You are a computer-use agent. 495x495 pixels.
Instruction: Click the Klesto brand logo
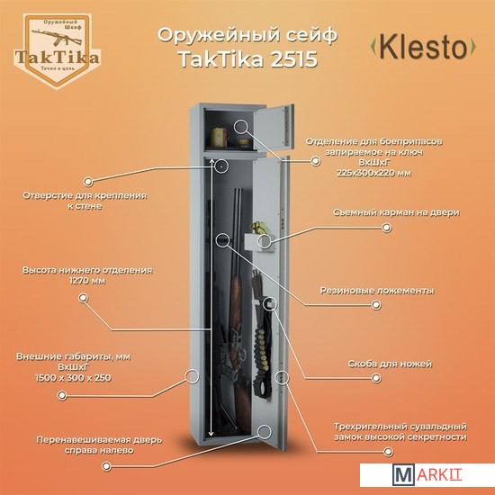(423, 47)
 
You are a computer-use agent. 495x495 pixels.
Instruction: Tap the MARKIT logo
(427, 475)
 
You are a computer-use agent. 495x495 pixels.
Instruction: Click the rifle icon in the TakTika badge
(56, 36)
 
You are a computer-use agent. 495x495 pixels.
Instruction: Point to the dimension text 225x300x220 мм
(373, 173)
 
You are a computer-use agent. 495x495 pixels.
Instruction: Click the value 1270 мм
(87, 281)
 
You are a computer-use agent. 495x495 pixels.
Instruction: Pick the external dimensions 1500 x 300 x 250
(73, 378)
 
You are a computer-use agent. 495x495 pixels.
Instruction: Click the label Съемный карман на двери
(396, 212)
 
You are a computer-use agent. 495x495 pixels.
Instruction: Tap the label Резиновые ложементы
(377, 291)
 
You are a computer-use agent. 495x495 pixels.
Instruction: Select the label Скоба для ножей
(390, 364)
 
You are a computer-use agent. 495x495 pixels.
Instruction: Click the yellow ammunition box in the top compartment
(219, 137)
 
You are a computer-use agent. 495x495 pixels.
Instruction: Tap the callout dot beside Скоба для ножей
(375, 378)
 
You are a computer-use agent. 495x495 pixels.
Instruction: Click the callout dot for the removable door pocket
(386, 228)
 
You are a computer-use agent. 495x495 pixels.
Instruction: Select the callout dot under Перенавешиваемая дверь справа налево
(106, 466)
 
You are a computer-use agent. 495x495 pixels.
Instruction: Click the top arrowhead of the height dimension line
(211, 163)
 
